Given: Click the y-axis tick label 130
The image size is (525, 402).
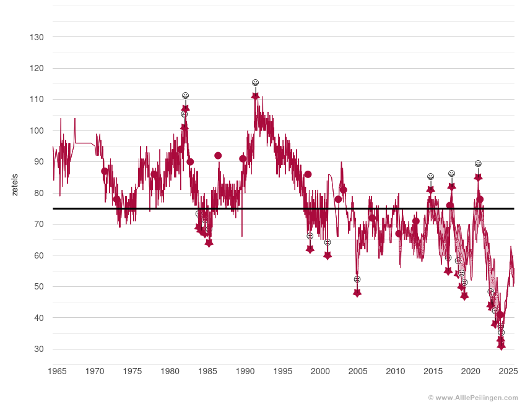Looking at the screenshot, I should pos(36,37).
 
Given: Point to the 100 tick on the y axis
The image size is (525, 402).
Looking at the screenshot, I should pos(36,130).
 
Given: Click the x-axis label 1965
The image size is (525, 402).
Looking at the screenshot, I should pos(57,371).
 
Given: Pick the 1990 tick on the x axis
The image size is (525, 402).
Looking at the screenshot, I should pos(245,371).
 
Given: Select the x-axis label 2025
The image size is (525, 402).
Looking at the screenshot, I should pos(508,371).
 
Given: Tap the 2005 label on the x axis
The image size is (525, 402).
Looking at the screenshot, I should pos(358,371).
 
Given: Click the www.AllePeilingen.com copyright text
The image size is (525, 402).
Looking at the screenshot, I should pos(473,398).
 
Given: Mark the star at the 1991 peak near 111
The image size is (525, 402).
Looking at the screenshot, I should pos(255,96).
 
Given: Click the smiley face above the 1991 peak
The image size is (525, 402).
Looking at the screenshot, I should pos(255,83).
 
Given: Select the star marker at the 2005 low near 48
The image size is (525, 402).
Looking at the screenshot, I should pos(357,293).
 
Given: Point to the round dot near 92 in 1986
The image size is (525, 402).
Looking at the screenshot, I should pos(218,156).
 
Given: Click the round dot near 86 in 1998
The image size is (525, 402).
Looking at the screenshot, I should pos(308,174).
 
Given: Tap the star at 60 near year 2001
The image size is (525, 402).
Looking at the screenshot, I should pos(328,255).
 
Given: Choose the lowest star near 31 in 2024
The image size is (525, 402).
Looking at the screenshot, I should pos(501,346).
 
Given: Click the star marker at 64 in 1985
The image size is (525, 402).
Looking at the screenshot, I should pos(209,243).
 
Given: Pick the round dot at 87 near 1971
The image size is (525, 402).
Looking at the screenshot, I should pos(105,171).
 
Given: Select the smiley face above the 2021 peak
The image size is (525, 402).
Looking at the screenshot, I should pos(478,164).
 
